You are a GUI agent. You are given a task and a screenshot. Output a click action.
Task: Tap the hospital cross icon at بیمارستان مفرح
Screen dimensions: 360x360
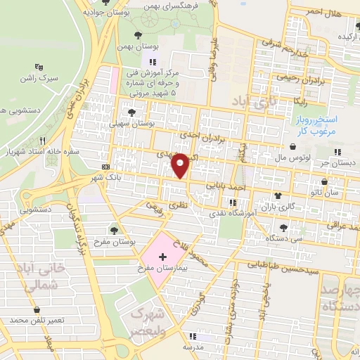(163, 258)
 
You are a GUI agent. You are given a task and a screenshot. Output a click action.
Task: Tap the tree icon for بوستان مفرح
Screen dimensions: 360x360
(115, 230)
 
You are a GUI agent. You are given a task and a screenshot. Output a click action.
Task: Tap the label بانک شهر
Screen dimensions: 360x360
(106, 176)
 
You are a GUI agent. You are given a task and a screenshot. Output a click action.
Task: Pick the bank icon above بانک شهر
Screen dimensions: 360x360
(106, 167)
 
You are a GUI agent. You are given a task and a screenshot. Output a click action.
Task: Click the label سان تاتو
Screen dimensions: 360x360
(328, 191)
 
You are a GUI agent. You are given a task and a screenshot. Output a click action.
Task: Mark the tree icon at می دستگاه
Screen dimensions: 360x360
(283, 227)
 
